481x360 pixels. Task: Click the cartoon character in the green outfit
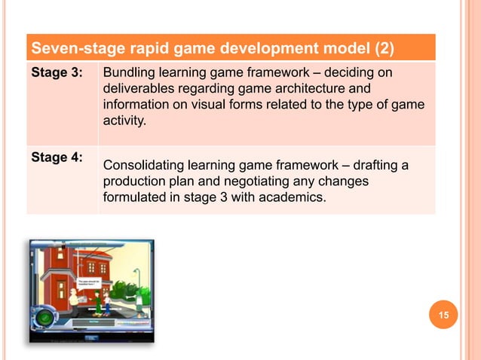click(97, 303)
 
